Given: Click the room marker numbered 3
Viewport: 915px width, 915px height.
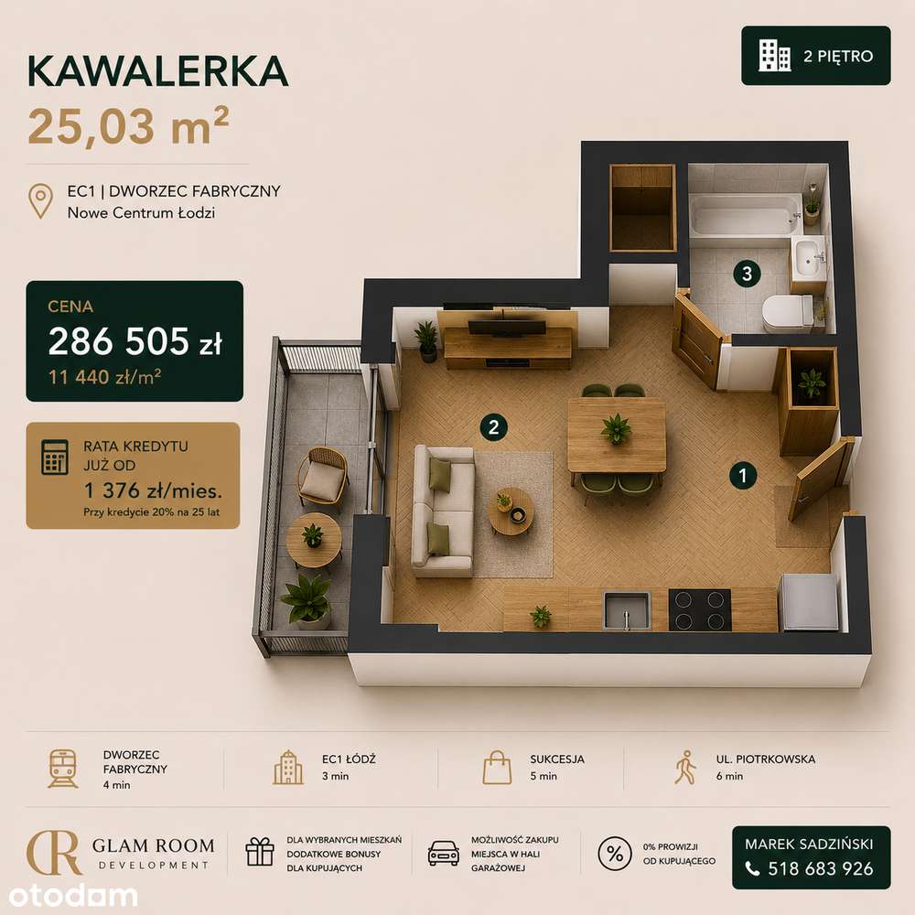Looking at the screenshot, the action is (x=747, y=273).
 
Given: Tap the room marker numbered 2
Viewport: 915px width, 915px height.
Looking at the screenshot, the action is (x=494, y=427).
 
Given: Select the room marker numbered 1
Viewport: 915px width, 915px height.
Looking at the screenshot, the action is (x=743, y=475).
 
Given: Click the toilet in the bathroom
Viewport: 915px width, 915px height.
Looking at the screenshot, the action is (x=788, y=313).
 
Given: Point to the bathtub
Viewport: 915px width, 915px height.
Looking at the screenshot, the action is (x=745, y=214).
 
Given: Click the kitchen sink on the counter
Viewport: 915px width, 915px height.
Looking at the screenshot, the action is (x=627, y=611).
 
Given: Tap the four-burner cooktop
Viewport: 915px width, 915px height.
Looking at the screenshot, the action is (x=700, y=609).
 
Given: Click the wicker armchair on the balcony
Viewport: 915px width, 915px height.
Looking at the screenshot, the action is (x=323, y=476).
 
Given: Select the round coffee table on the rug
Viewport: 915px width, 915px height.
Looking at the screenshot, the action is (x=511, y=511).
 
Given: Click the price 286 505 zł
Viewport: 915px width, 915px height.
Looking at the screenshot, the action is (x=135, y=341).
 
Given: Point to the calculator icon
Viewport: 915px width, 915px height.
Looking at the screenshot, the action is (x=55, y=457).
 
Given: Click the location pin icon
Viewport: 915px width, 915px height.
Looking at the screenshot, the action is (x=41, y=201).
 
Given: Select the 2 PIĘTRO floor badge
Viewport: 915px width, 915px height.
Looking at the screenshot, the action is (x=816, y=56).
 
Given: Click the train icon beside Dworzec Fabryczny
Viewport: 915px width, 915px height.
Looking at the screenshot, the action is (x=63, y=770).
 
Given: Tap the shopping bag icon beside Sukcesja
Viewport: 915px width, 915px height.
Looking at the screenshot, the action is (x=497, y=768).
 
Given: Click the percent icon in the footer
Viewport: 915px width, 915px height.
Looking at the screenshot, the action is (x=615, y=854).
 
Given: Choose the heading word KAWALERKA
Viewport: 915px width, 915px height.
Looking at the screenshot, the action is (x=157, y=71).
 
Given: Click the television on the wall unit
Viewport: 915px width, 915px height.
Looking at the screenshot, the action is (x=507, y=327).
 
